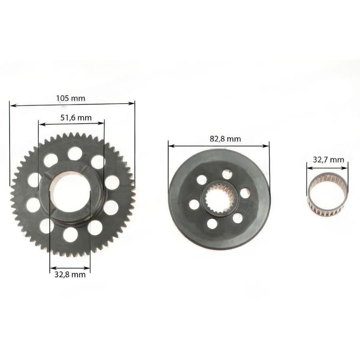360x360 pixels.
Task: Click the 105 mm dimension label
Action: coord(70,98)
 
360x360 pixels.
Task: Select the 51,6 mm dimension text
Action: coord(76,118)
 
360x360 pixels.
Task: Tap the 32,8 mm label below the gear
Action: coord(70,274)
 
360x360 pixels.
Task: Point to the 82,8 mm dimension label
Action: coord(225,139)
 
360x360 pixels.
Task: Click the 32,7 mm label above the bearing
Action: coord(328,160)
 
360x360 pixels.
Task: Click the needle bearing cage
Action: coord(328,196)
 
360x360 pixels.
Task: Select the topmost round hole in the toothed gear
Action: coord(75,154)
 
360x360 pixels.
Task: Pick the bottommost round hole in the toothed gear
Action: coord(70,235)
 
